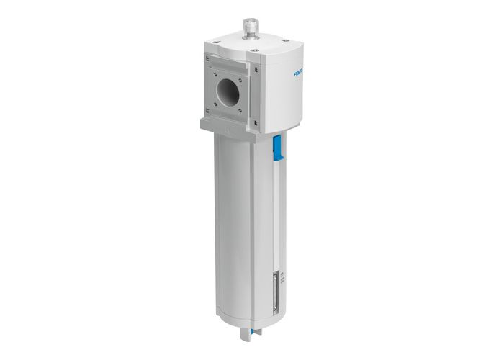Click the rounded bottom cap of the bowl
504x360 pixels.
[x=245, y=317]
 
